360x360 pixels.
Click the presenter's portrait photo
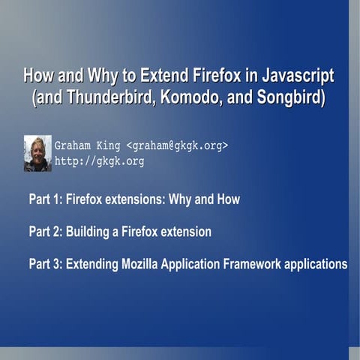(x=37, y=154)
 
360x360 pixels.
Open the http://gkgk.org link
(x=99, y=161)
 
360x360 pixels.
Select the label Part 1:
(x=44, y=199)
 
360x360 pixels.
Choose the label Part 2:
(x=44, y=232)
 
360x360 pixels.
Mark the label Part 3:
(x=44, y=264)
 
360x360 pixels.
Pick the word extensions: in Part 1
(x=143, y=199)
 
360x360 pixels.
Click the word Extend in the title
(x=154, y=77)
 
